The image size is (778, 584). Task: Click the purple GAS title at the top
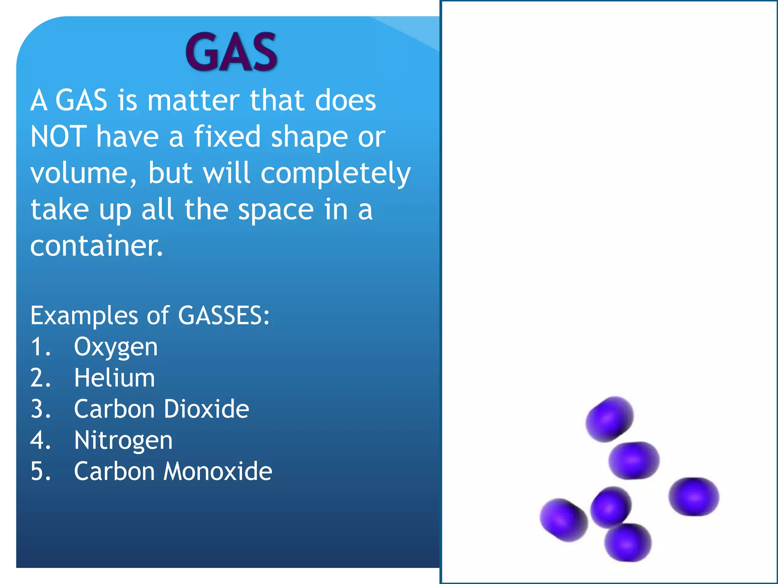(x=231, y=52)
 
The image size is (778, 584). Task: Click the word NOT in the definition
(x=58, y=136)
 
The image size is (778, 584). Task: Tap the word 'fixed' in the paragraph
(x=227, y=136)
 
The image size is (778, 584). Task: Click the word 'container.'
(x=96, y=246)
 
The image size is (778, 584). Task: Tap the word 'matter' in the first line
(x=194, y=100)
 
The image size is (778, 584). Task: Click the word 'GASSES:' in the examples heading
(x=224, y=316)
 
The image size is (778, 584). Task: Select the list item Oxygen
(x=115, y=348)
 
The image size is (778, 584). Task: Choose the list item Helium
(x=114, y=378)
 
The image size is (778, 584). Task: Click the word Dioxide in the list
(x=206, y=409)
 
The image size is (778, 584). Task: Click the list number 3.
(x=40, y=409)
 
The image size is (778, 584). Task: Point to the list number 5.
(x=40, y=471)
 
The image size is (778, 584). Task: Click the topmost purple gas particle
(x=609, y=419)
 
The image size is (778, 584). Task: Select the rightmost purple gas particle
(x=694, y=497)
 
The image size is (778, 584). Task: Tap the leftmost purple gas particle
(x=563, y=520)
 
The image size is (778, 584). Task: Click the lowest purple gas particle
(x=628, y=543)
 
